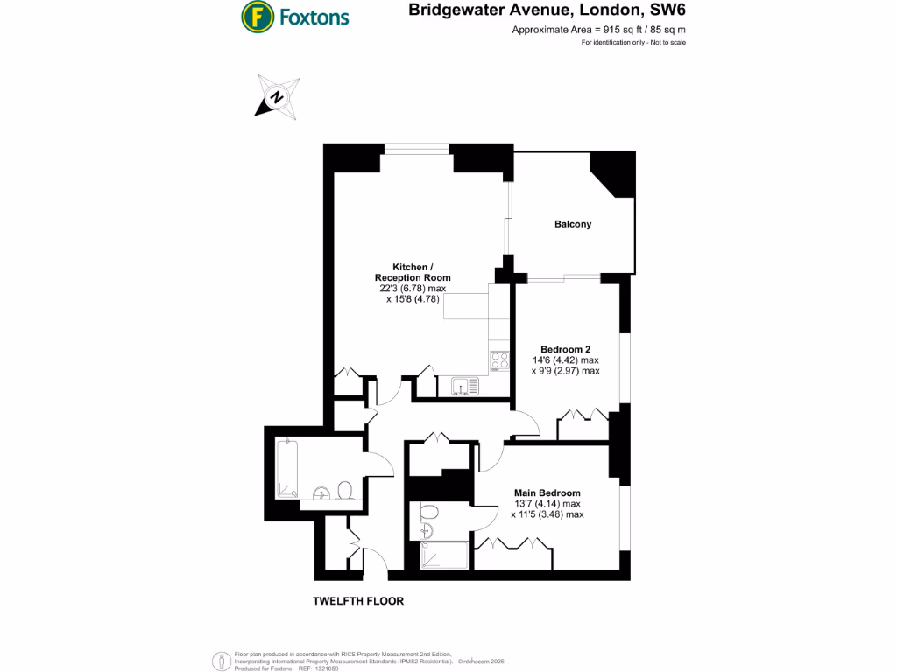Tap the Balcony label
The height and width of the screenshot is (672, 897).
(573, 224)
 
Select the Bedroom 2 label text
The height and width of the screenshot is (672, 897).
(564, 348)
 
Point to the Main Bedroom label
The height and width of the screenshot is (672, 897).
(547, 493)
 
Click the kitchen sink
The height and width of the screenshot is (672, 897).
(463, 386)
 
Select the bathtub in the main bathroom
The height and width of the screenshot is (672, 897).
(287, 468)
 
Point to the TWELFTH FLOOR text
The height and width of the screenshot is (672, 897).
(358, 601)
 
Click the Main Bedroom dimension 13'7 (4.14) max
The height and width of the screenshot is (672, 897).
(547, 504)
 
